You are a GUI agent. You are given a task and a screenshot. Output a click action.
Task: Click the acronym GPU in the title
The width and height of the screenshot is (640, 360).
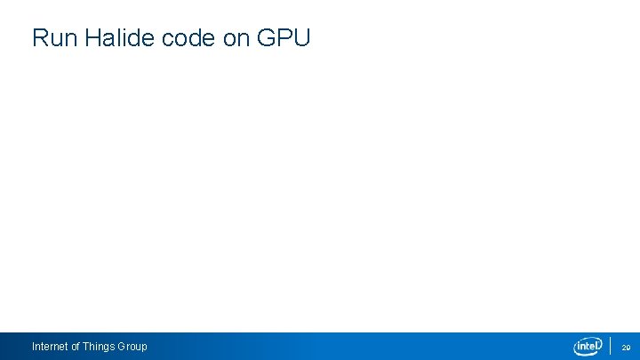[x=284, y=38]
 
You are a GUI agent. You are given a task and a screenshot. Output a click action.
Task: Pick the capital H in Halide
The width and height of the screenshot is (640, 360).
[x=94, y=38]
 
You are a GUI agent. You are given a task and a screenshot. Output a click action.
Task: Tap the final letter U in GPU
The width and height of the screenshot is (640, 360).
[x=301, y=38]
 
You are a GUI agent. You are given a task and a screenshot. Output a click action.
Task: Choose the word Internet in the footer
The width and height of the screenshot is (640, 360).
[x=50, y=346]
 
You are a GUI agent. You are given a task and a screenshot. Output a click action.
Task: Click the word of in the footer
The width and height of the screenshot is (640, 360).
[x=76, y=346]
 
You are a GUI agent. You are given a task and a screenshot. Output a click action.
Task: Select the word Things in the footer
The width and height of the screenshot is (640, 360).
[x=99, y=346]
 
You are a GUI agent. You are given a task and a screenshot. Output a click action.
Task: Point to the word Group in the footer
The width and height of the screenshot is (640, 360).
[x=132, y=346]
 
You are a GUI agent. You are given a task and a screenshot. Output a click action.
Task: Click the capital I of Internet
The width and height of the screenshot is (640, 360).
[x=33, y=346]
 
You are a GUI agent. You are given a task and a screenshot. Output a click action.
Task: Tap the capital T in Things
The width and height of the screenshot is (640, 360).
[x=85, y=346]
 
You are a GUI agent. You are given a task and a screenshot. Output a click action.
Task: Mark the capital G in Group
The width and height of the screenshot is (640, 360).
[x=122, y=346]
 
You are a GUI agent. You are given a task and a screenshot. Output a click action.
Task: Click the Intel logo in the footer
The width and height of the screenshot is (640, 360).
[x=588, y=346]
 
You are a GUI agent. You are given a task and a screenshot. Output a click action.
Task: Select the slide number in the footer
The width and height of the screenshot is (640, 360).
[x=625, y=347]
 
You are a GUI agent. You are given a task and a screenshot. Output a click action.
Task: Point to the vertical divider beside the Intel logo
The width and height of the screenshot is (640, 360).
[x=611, y=346]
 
